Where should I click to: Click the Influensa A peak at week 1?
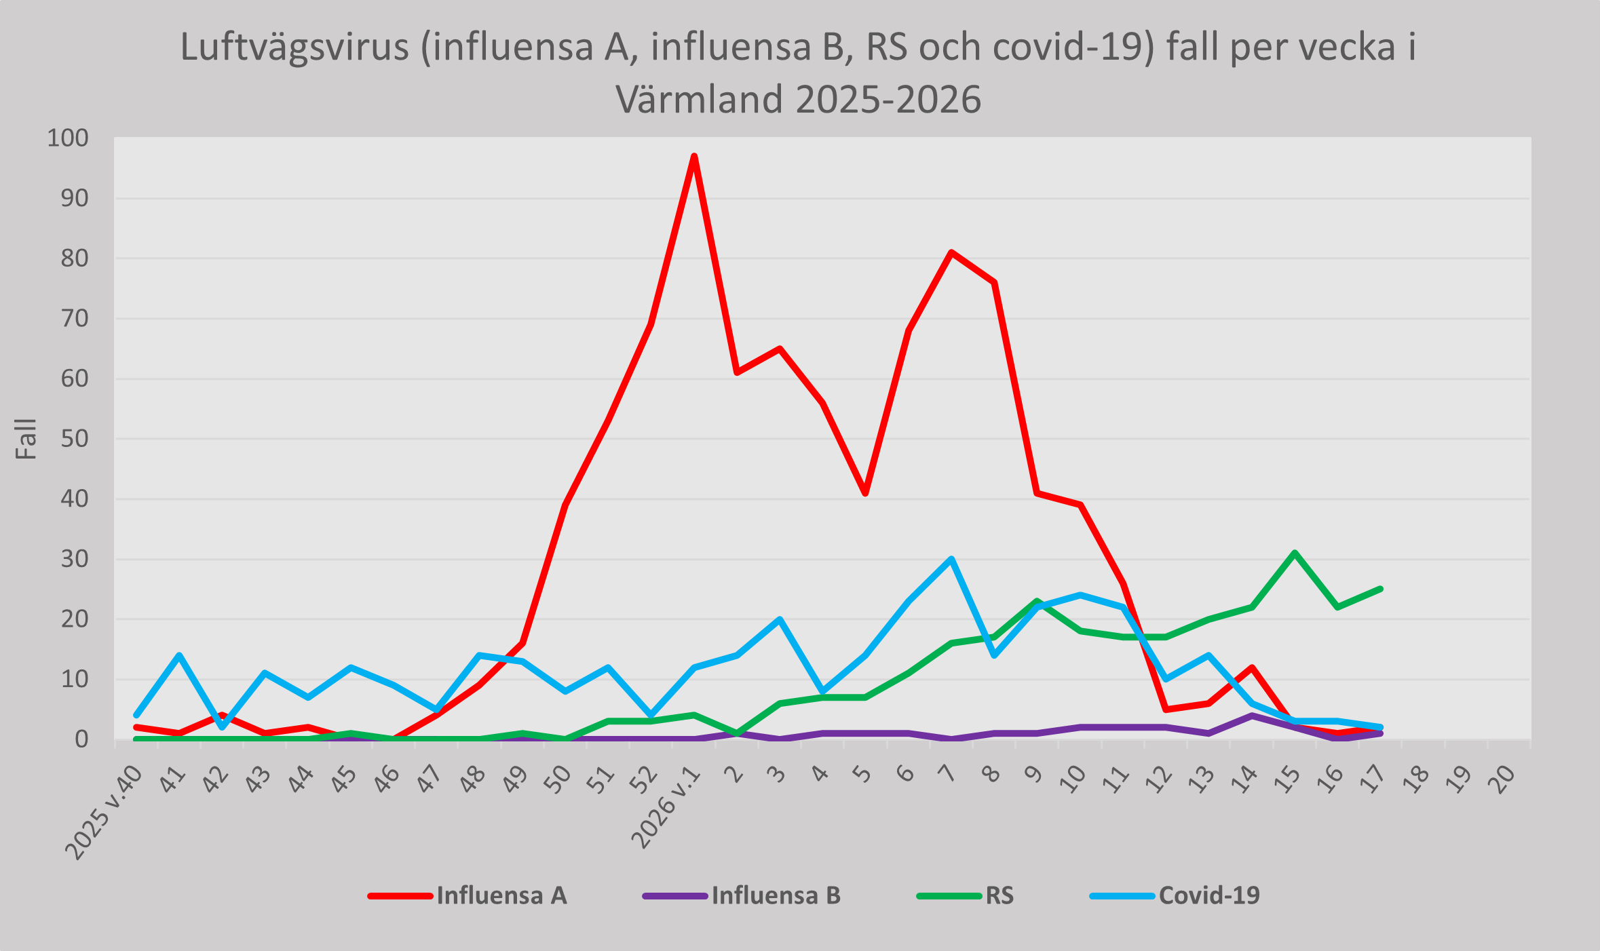coord(694,157)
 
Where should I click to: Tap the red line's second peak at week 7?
coord(951,252)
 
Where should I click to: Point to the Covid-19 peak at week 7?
coord(951,559)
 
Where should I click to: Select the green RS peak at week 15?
coord(1295,553)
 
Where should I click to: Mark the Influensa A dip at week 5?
coord(866,493)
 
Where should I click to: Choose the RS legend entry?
coord(999,895)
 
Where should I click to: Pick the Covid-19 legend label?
coord(1208,895)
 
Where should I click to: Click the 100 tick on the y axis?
coord(67,138)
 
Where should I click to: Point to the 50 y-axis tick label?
coord(74,439)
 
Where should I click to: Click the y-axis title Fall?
coord(26,439)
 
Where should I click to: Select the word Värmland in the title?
coord(699,99)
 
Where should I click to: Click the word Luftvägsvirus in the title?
coord(294,47)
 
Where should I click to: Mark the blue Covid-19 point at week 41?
coord(179,655)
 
